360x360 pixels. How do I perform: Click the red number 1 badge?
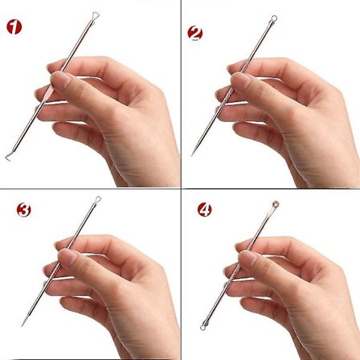tap(14, 27)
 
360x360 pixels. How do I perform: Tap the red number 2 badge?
tap(195, 33)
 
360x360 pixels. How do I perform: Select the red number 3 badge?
tap(24, 210)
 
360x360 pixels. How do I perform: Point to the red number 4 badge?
tap(205, 210)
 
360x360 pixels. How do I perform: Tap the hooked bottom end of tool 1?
tap(8, 157)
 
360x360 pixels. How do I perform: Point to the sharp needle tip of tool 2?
tap(192, 154)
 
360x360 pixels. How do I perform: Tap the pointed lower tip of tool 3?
tap(22, 325)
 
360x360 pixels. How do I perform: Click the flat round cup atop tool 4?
tap(276, 205)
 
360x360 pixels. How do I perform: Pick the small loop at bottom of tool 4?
tap(203, 327)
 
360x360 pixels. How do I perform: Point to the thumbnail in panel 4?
tap(247, 259)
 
